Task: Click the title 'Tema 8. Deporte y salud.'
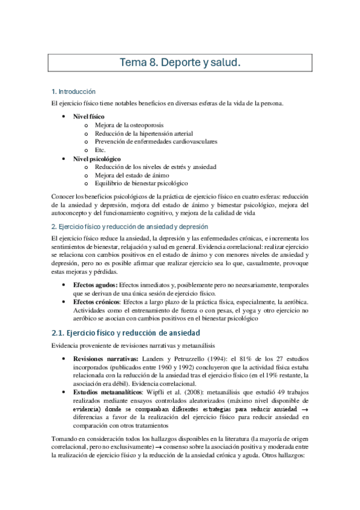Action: [180, 63]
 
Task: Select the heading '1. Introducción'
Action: [73, 92]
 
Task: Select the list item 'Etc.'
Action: [100, 150]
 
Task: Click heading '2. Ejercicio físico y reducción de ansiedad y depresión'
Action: [129, 227]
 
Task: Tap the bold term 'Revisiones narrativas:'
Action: [104, 359]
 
